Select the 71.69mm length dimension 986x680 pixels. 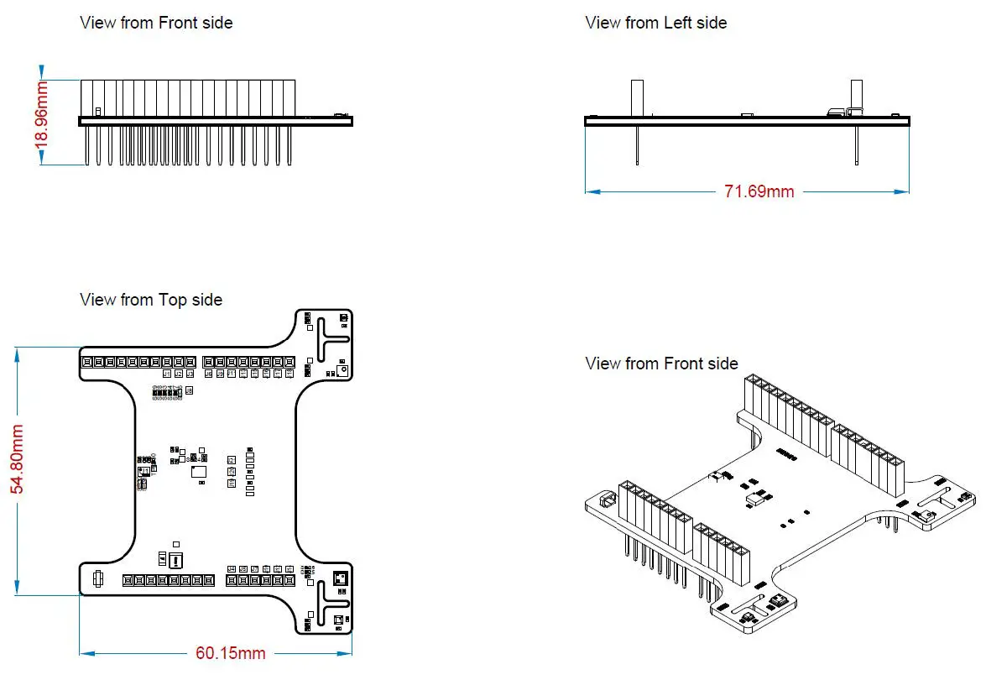(758, 191)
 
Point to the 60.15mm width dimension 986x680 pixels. (231, 653)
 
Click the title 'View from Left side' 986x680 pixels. (655, 23)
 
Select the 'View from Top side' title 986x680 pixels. (151, 300)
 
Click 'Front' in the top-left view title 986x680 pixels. (178, 23)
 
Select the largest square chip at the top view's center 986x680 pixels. (199, 472)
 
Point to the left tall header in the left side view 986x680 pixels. (637, 97)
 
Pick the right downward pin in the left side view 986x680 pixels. (856, 144)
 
